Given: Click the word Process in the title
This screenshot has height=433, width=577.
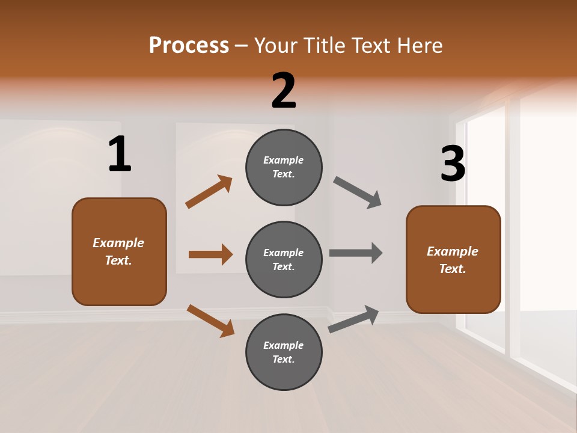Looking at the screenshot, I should (x=189, y=46).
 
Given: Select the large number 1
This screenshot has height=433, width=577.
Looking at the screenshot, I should (x=120, y=155).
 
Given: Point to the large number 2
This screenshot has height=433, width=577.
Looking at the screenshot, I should (x=284, y=91).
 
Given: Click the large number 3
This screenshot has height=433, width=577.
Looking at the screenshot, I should (x=453, y=164).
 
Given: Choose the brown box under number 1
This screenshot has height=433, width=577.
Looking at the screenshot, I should (x=119, y=251).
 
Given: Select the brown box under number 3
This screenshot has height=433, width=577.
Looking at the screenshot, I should (x=453, y=260).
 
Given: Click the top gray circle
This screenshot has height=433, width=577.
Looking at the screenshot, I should (x=284, y=167).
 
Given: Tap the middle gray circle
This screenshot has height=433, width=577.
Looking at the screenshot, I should (x=284, y=260).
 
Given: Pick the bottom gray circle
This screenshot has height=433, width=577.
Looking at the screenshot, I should (x=284, y=352).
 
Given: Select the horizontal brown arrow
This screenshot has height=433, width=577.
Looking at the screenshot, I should (x=210, y=254).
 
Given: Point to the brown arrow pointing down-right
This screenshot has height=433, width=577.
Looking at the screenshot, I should (x=211, y=321).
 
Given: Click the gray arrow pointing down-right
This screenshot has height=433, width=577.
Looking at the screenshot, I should (x=358, y=192).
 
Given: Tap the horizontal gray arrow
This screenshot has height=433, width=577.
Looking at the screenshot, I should (x=356, y=253).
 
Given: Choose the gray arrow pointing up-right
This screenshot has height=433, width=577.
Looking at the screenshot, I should (x=353, y=319).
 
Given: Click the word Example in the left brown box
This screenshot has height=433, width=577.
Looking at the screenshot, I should (x=118, y=243).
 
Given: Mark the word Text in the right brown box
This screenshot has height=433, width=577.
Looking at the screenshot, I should (x=452, y=269).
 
